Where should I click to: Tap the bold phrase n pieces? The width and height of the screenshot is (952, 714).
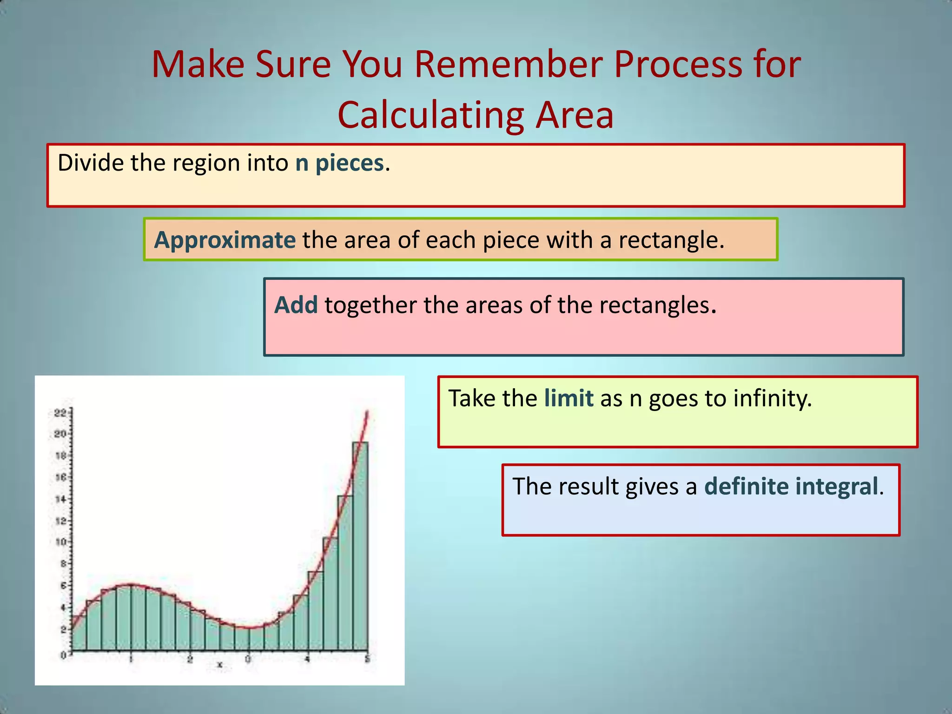339,163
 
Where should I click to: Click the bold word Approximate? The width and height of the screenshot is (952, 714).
225,240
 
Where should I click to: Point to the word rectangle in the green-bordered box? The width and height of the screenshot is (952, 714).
667,240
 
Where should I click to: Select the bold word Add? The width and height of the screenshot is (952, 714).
296,305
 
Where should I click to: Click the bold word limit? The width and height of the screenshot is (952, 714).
569,398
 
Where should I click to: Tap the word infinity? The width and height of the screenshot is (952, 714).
772,398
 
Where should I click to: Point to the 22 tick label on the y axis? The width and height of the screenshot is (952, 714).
60,413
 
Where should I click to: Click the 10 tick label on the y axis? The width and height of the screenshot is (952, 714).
60,542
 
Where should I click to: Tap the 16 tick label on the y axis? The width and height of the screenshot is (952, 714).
60,477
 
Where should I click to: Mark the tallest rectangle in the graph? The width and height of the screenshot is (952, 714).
360,549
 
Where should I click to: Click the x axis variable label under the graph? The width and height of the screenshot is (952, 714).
219,665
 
